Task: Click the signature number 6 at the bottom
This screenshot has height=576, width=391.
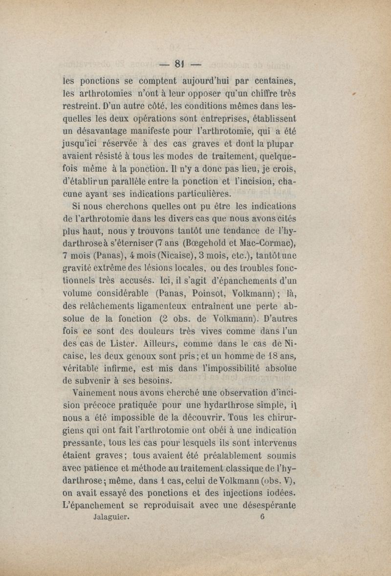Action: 262,518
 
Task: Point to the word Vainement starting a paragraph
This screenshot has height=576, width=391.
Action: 99,392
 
